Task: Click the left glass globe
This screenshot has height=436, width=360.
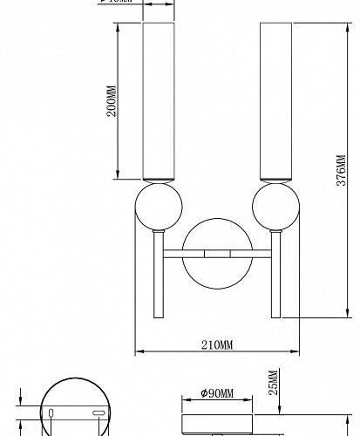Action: pyautogui.click(x=158, y=210)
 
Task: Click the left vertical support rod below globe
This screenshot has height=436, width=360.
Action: pyautogui.click(x=158, y=279)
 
